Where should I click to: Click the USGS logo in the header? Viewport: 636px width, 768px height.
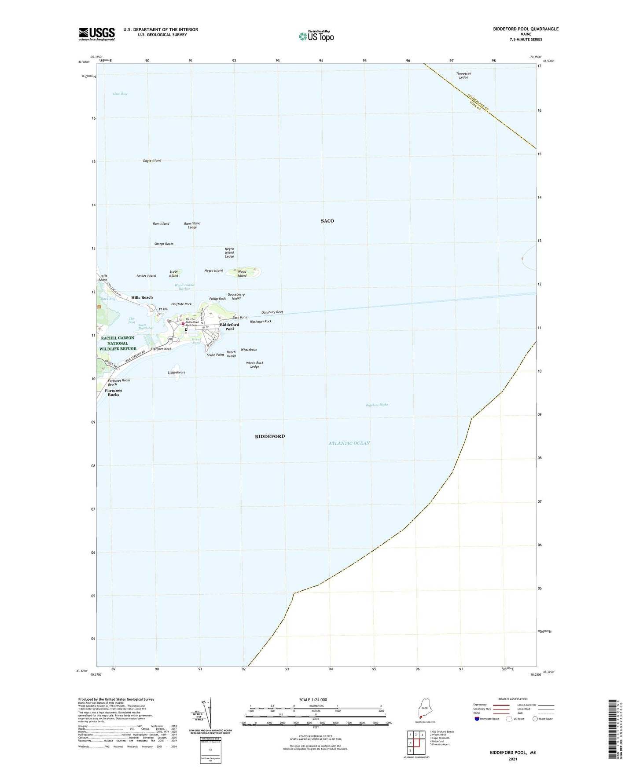pyautogui.click(x=97, y=34)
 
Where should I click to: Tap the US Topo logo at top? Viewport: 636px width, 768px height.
pyautogui.click(x=316, y=36)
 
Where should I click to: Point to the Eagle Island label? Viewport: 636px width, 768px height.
pyautogui.click(x=152, y=161)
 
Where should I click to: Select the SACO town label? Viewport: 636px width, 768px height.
pyautogui.click(x=327, y=221)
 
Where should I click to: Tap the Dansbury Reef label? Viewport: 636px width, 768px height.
pyautogui.click(x=272, y=312)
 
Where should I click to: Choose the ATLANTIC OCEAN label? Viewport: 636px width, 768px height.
pyautogui.click(x=349, y=443)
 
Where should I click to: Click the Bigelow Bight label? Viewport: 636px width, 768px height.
pyautogui.click(x=377, y=405)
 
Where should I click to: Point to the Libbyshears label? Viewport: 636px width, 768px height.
pyautogui.click(x=176, y=373)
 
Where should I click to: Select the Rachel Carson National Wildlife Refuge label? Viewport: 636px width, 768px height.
pyautogui.click(x=118, y=344)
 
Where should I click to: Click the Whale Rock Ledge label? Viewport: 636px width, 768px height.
pyautogui.click(x=254, y=365)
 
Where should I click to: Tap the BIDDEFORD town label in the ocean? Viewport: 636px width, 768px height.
pyautogui.click(x=270, y=436)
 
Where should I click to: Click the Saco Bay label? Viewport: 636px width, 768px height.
pyautogui.click(x=120, y=94)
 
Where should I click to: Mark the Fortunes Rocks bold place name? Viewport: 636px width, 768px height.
pyautogui.click(x=113, y=392)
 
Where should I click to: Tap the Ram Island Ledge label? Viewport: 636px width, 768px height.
pyautogui.click(x=192, y=225)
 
